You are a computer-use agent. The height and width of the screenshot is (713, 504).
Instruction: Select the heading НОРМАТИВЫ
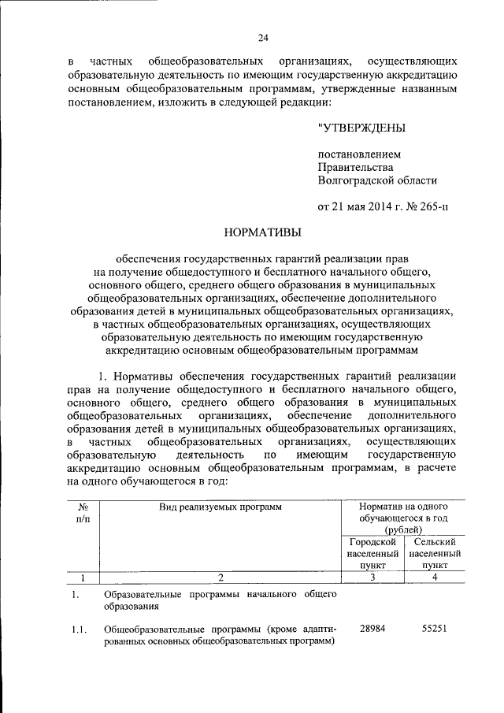(263, 232)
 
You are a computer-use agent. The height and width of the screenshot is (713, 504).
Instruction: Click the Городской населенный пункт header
(371, 554)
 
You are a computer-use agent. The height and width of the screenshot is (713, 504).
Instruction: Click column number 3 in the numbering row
(371, 577)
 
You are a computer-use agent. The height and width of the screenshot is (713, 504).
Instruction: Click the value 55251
(434, 629)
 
